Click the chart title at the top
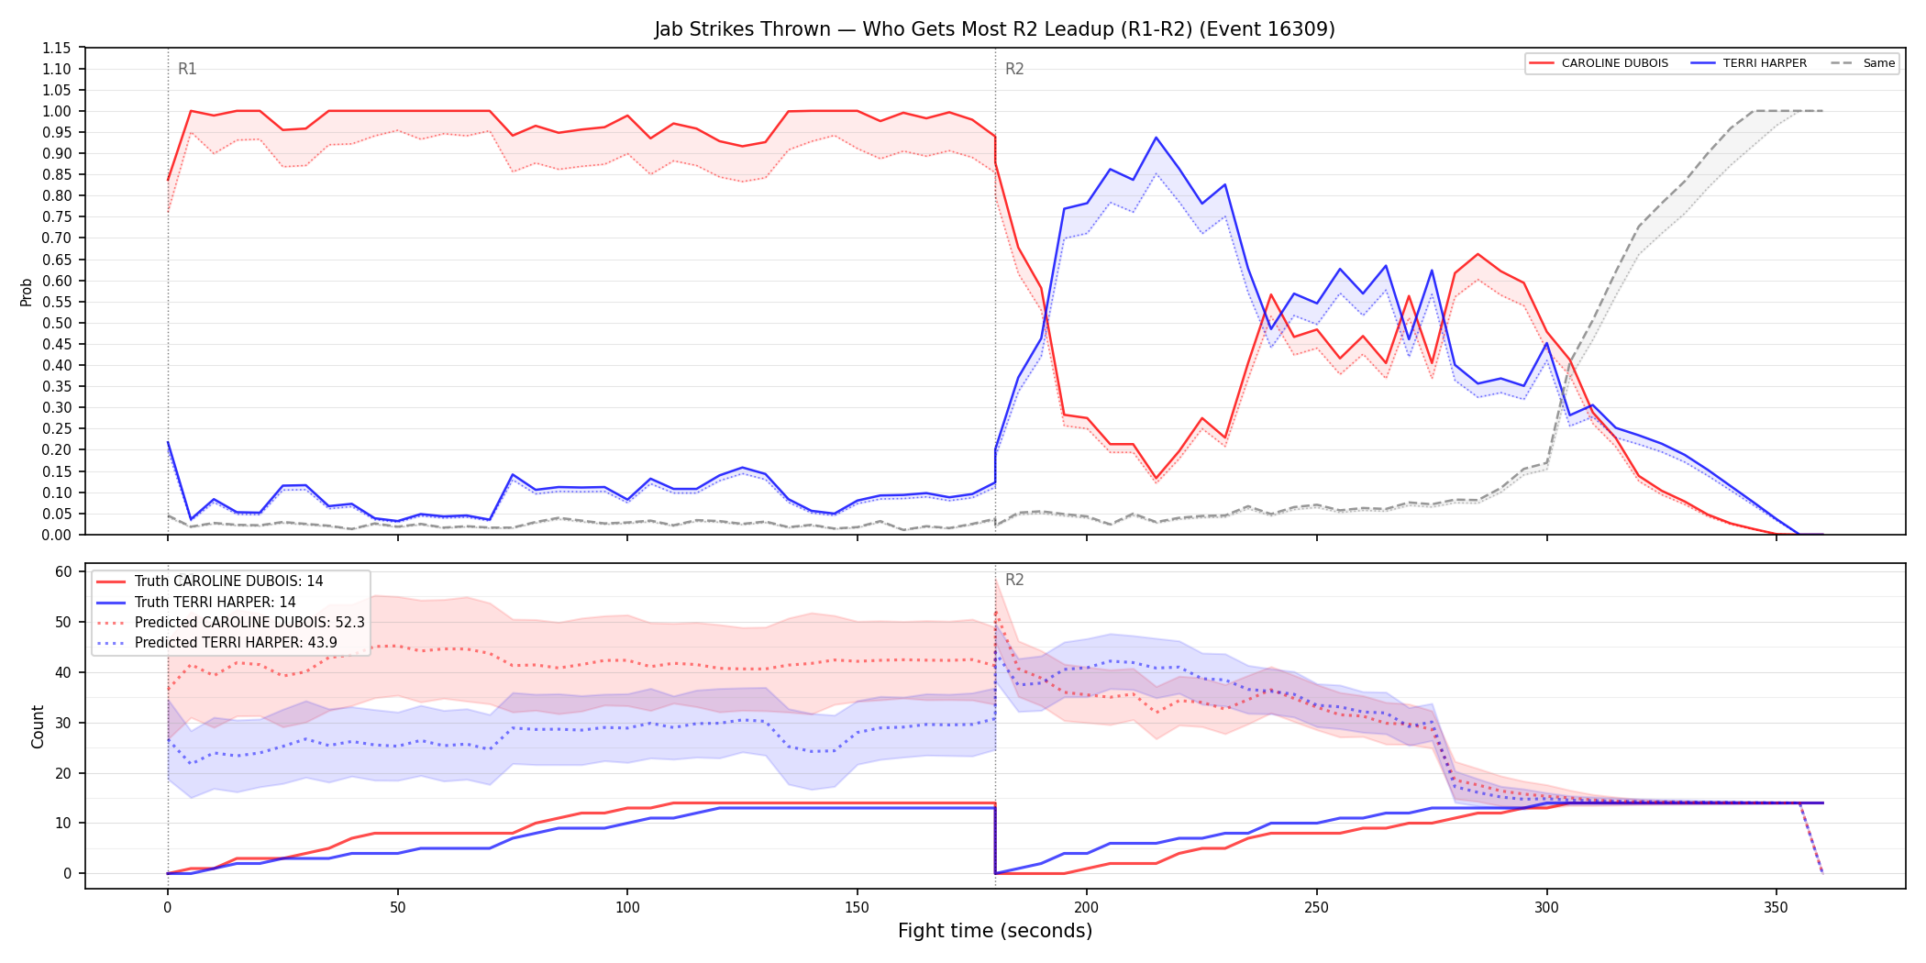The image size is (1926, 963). [x=995, y=29]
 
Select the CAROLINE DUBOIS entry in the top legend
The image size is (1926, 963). [x=1599, y=63]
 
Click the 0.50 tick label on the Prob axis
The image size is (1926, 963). [x=56, y=323]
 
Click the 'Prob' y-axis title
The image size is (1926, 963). [x=26, y=292]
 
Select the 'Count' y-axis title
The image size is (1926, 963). [x=38, y=726]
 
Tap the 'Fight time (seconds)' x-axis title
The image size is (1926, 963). [x=995, y=931]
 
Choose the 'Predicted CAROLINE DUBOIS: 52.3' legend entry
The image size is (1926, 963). [x=230, y=622]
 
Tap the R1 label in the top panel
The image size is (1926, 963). [x=187, y=69]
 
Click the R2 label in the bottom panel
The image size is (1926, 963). [x=1014, y=580]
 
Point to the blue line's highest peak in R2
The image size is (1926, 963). [x=1156, y=138]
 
